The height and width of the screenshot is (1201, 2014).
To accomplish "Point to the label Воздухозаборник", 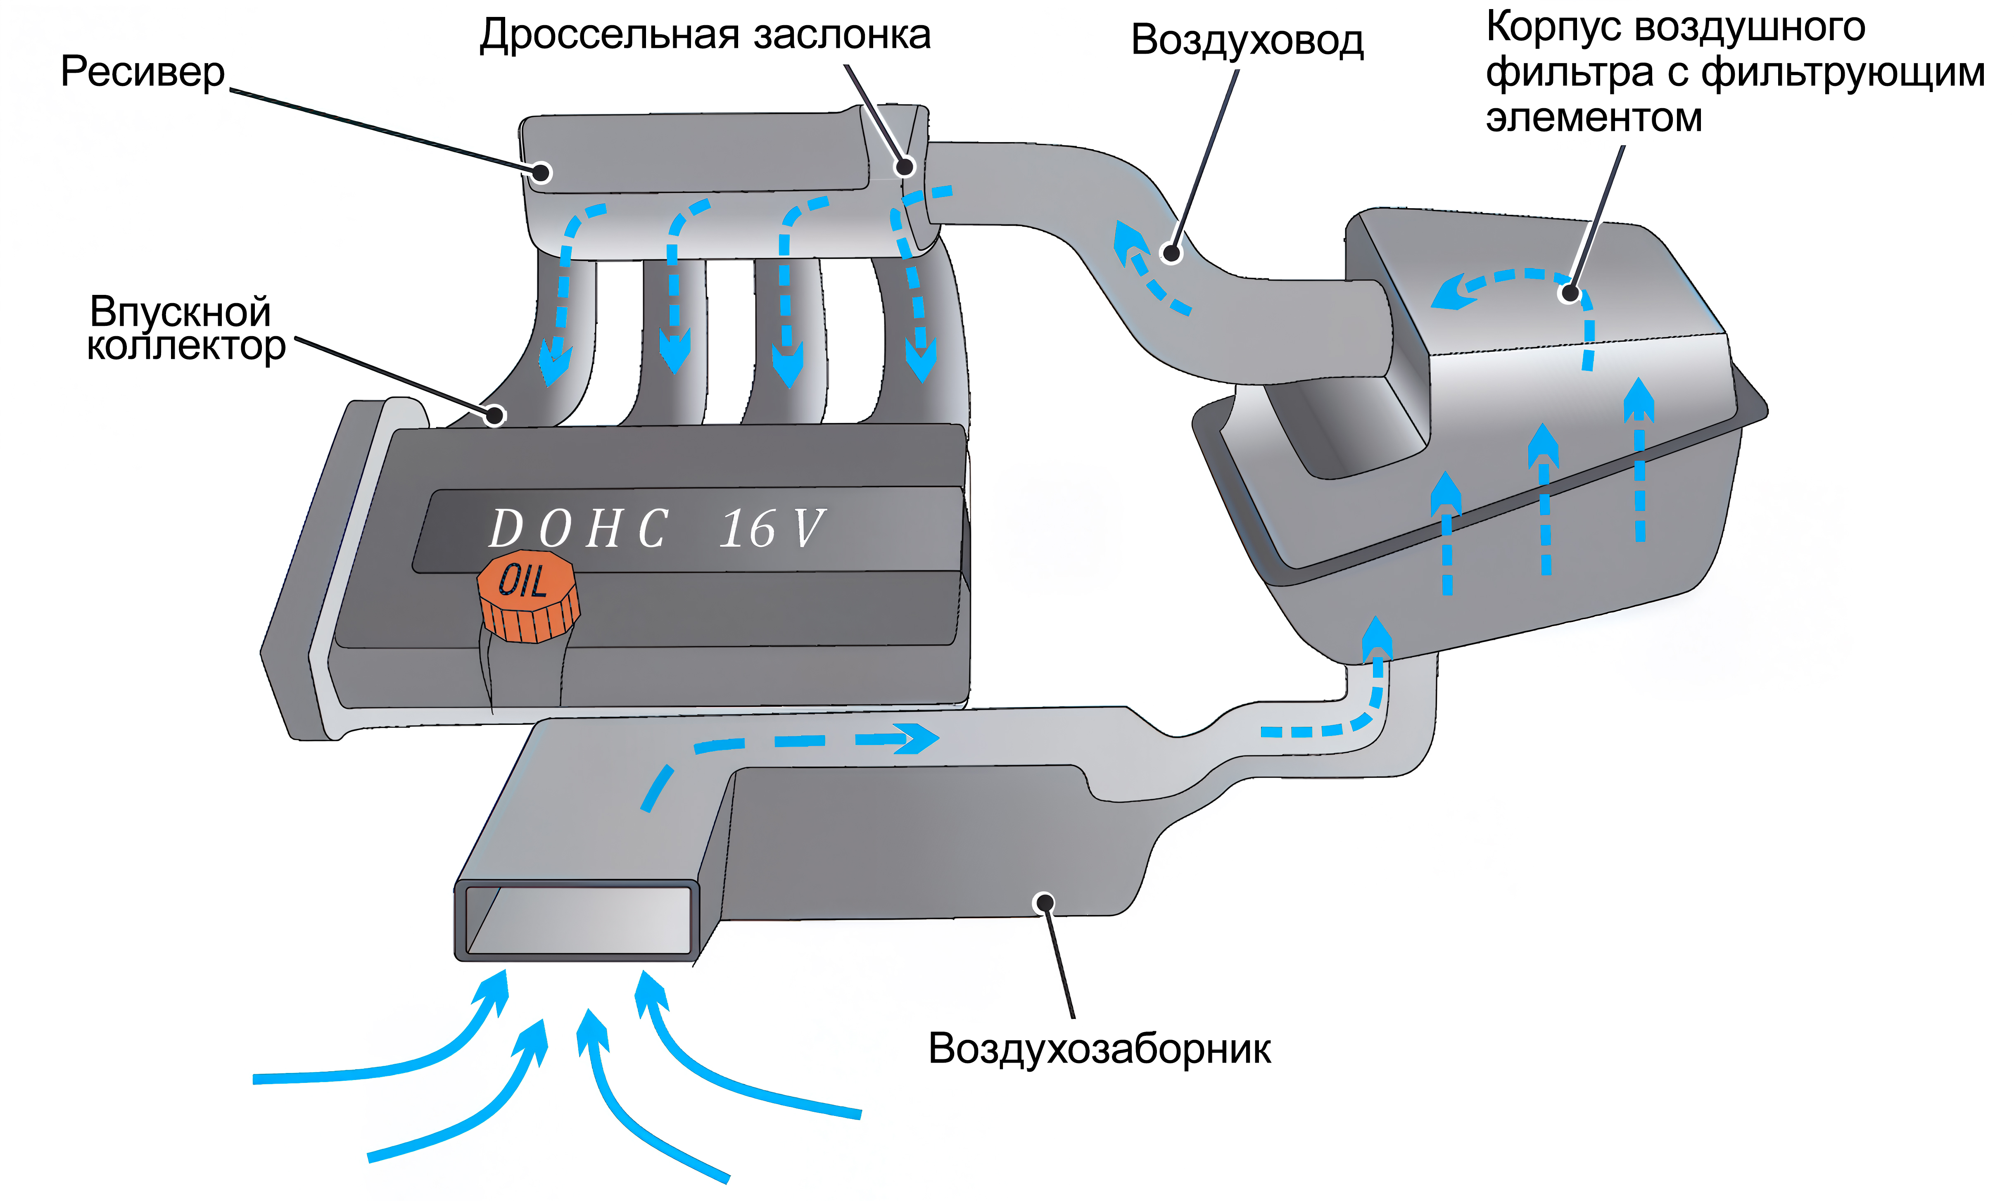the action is pyautogui.click(x=1099, y=1049).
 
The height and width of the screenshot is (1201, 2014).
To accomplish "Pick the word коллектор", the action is pyautogui.click(x=186, y=347).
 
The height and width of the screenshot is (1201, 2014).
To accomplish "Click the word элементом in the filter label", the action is pyautogui.click(x=1594, y=118).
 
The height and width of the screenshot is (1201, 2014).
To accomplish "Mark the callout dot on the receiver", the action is pyautogui.click(x=541, y=172).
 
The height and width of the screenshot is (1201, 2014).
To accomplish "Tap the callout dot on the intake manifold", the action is pyautogui.click(x=494, y=415).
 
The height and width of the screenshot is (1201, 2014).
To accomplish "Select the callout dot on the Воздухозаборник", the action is pyautogui.click(x=1045, y=902).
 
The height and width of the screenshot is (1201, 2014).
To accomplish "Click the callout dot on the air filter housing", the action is pyautogui.click(x=1570, y=293).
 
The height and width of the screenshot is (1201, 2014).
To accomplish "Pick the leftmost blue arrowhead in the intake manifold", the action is pyautogui.click(x=555, y=364).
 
